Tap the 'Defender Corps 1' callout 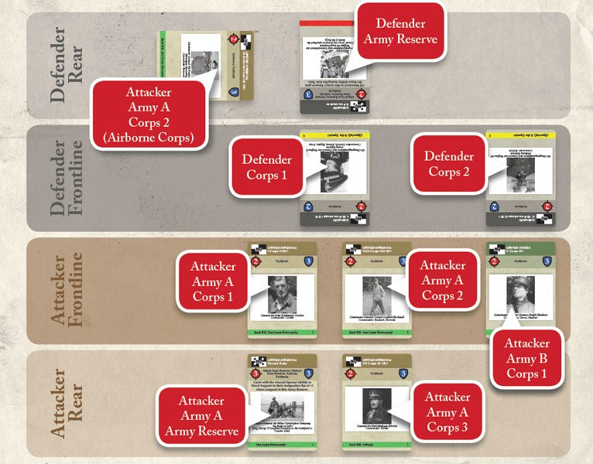pos(266,166)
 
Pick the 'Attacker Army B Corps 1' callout pos(526,360)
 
